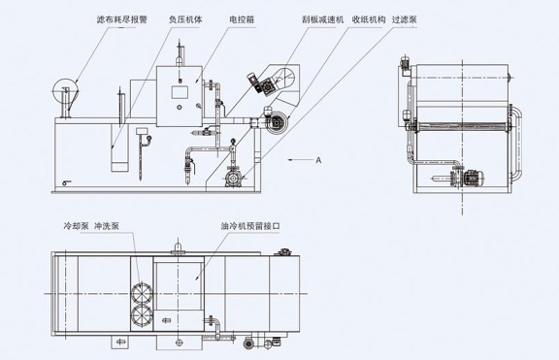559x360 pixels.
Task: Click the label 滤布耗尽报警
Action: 122,19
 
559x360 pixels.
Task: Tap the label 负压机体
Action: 185,19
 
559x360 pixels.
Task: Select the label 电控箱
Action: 242,19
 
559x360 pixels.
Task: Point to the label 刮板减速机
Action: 322,19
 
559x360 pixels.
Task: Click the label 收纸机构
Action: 369,19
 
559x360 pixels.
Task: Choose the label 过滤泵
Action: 405,19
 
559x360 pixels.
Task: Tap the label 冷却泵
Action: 76,226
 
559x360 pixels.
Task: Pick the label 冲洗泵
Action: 107,226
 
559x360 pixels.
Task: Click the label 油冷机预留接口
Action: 250,226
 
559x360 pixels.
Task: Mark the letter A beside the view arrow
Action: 318,160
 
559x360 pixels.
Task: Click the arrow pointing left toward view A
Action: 300,160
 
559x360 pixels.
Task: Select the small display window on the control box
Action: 180,92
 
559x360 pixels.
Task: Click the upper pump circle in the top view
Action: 142,293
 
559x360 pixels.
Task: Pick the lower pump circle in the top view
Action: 142,315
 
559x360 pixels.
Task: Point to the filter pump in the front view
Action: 233,178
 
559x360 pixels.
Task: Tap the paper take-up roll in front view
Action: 278,123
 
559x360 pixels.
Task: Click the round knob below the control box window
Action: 180,107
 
